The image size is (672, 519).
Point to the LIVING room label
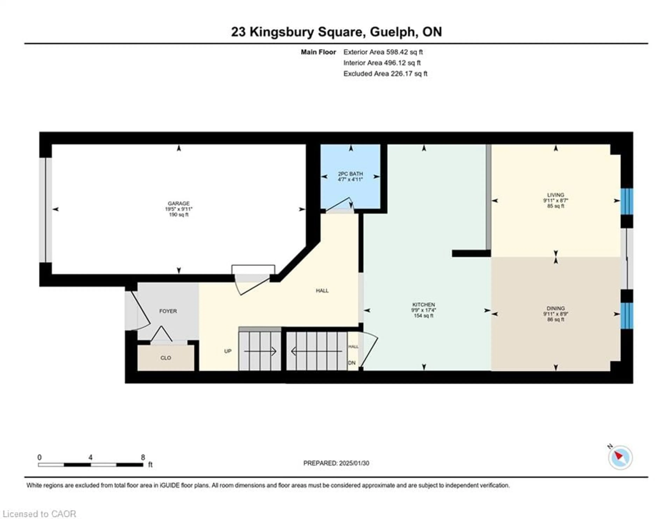pos(555,195)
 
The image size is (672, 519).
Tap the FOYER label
pos(168,311)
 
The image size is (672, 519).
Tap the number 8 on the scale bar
pos(143,457)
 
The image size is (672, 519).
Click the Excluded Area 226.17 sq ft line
pos(385,74)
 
